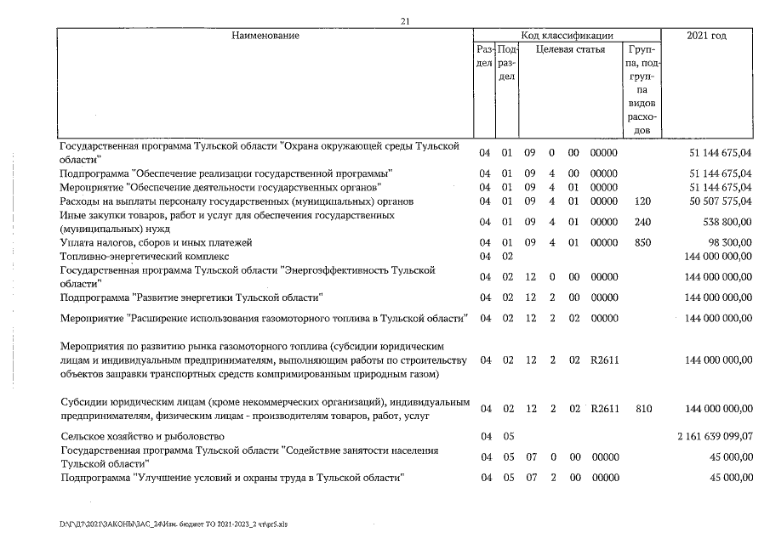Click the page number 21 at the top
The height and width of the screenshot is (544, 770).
[405, 22]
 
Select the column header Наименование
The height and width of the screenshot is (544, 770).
[265, 36]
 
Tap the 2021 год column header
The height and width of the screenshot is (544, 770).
[706, 36]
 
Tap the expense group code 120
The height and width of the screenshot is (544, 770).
[643, 201]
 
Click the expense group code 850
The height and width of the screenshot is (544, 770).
[643, 242]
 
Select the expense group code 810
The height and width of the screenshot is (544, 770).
[643, 409]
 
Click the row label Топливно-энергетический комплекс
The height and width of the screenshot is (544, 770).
[144, 256]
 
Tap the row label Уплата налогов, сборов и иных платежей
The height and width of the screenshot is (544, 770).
[156, 242]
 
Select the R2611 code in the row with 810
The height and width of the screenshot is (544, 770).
[604, 409]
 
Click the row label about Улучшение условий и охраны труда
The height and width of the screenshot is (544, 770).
[230, 478]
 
